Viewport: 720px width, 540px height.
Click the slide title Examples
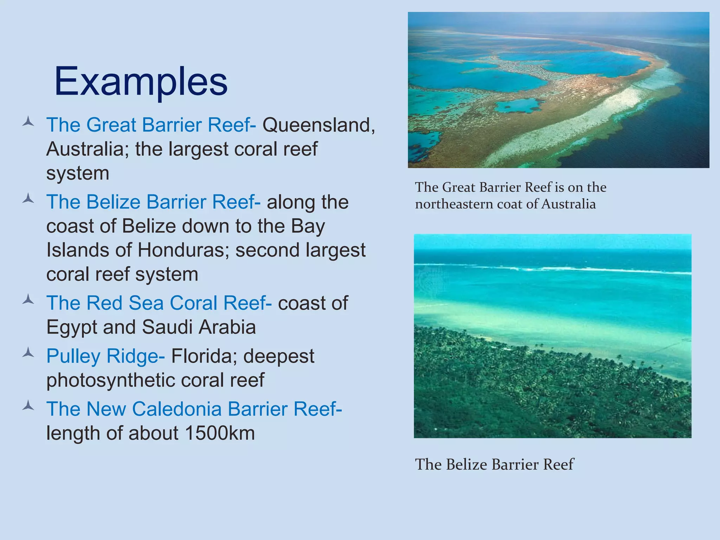pyautogui.click(x=141, y=82)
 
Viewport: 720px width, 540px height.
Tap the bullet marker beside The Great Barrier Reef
pyautogui.click(x=28, y=122)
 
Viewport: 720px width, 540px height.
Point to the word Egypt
pyautogui.click(x=72, y=327)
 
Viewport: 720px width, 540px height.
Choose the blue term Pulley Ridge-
pyautogui.click(x=105, y=356)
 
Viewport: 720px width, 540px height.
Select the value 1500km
pyautogui.click(x=220, y=433)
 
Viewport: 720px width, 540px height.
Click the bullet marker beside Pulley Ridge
pyautogui.click(x=28, y=353)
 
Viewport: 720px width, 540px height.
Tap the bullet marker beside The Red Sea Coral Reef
pyautogui.click(x=28, y=300)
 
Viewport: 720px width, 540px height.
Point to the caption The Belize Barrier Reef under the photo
pyautogui.click(x=494, y=464)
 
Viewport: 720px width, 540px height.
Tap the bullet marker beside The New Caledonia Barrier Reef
pyautogui.click(x=28, y=406)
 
